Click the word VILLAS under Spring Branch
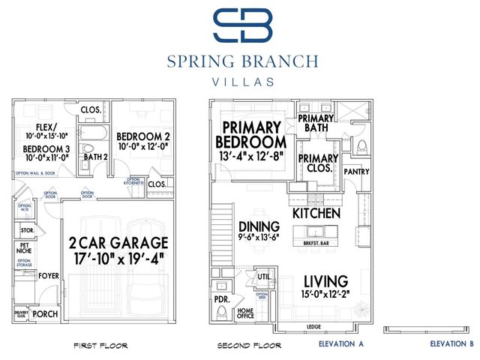tap(241, 82)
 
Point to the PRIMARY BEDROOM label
tap(250, 134)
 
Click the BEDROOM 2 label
tap(143, 136)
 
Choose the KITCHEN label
tap(316, 214)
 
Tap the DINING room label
tap(259, 226)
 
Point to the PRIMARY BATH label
tap(315, 124)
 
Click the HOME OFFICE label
tap(245, 314)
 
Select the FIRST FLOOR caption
tap(100, 346)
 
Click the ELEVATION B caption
tap(451, 345)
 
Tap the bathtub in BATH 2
tap(94, 137)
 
